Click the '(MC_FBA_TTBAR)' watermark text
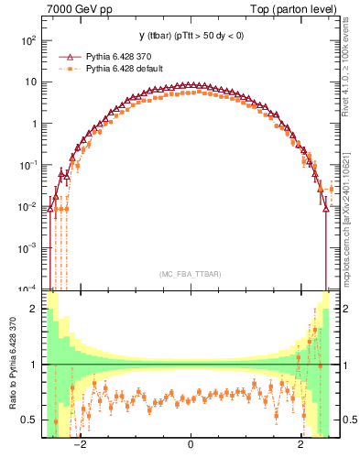[x=190, y=273]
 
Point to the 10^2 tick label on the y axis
[x=28, y=41]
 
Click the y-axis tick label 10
[x=31, y=82]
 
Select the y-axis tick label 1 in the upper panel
[x=35, y=124]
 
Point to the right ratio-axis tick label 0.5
[x=349, y=420]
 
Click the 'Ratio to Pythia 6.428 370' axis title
[x=12, y=365]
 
